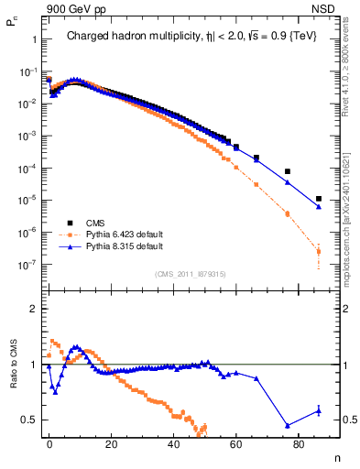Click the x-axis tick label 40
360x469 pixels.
174,442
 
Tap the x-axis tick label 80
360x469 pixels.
300,442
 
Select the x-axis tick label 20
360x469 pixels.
112,442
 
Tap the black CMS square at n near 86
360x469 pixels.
319,199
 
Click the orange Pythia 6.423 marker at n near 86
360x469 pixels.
319,251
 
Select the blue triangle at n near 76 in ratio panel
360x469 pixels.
288,425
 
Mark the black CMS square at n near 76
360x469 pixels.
288,171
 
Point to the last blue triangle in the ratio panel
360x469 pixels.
319,410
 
